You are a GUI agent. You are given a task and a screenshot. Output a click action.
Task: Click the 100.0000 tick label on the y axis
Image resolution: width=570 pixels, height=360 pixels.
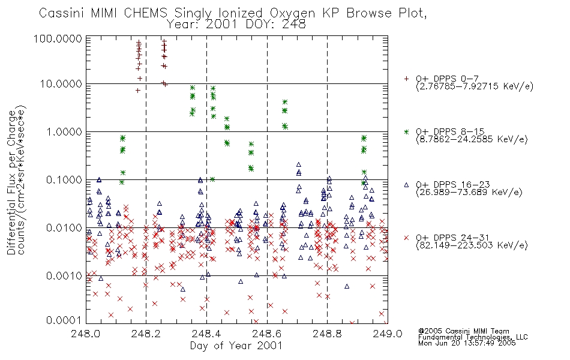58,38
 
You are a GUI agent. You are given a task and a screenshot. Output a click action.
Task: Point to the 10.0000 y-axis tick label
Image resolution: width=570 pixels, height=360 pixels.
61,84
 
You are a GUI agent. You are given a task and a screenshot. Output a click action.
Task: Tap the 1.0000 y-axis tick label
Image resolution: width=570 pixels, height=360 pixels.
64,132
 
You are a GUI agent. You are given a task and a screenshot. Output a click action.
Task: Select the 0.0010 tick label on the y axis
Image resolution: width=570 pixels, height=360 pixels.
64,276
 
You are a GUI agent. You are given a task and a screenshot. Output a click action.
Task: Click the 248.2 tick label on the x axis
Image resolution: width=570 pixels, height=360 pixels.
146,334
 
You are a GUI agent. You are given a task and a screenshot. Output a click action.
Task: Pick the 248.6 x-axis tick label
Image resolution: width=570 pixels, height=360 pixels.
267,334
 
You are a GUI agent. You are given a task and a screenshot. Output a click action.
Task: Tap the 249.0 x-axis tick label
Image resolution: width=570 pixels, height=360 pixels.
388,334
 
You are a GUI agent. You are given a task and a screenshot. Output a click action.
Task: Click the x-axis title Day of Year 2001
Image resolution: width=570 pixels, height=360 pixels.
236,346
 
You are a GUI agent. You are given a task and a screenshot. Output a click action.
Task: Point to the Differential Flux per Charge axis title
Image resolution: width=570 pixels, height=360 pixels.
11,182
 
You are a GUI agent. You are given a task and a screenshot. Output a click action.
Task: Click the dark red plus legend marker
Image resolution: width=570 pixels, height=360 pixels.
406,79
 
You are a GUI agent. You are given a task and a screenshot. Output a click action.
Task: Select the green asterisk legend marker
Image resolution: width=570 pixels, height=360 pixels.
406,131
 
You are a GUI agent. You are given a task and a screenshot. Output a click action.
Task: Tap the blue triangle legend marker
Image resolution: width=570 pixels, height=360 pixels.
406,185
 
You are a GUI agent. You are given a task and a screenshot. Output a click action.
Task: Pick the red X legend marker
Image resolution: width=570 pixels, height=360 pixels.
406,238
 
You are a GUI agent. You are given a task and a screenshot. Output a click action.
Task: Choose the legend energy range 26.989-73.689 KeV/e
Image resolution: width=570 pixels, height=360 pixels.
469,193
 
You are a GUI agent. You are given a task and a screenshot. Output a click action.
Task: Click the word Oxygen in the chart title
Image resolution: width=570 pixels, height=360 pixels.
292,13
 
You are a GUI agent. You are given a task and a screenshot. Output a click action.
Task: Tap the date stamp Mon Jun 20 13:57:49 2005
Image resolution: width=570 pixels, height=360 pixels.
467,343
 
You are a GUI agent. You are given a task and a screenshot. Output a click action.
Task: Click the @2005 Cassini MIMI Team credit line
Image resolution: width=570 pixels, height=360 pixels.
463,331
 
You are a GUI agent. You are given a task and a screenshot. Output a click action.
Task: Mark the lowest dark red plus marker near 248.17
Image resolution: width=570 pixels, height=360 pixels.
138,91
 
